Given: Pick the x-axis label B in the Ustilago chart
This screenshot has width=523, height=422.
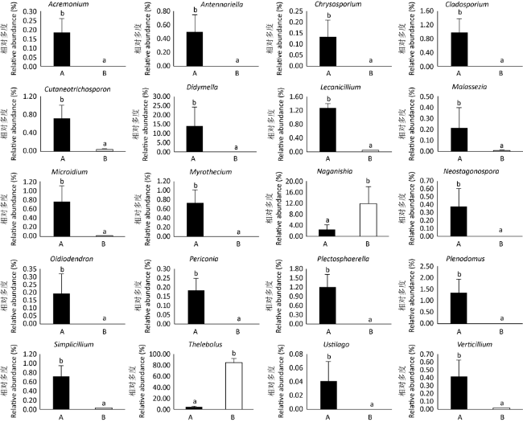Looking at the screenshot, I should tap(369, 416).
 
